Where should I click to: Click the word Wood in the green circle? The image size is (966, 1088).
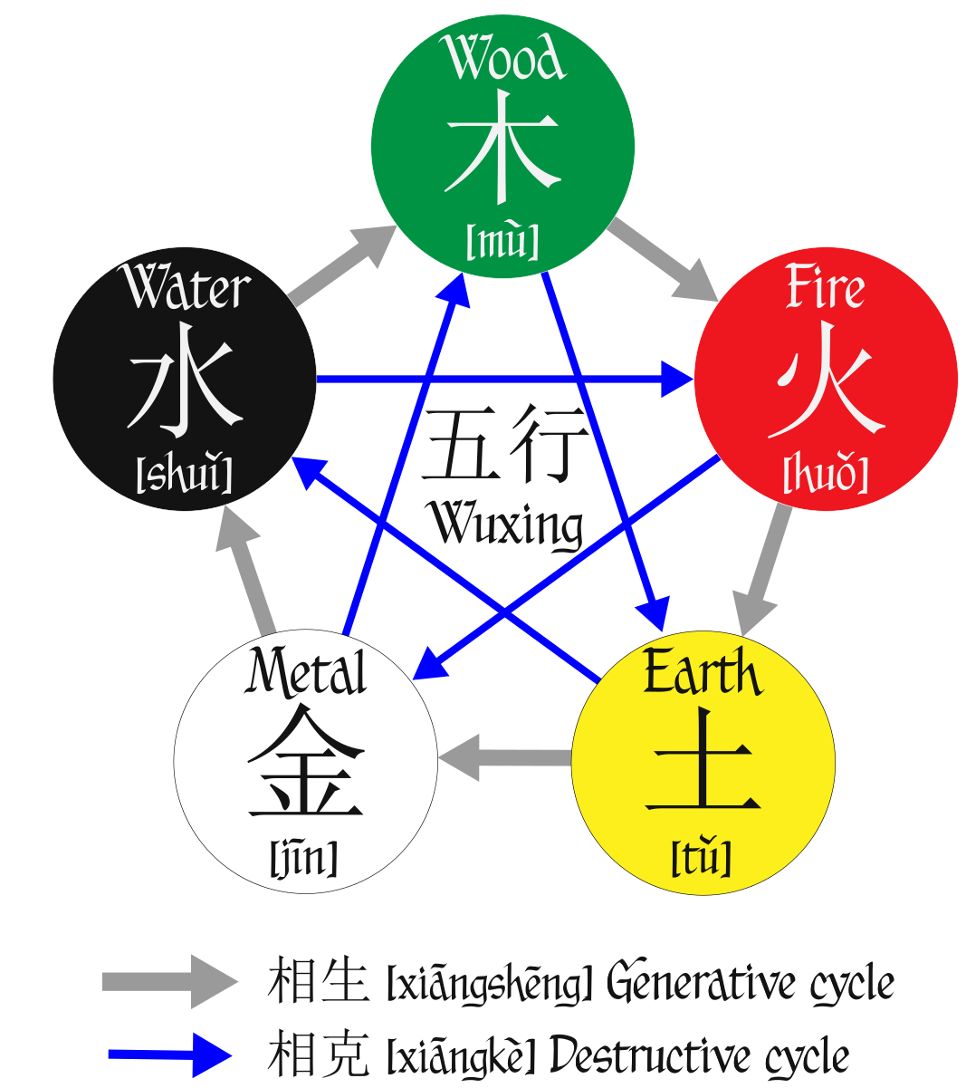tap(503, 60)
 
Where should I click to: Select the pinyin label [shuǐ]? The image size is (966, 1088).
tap(184, 474)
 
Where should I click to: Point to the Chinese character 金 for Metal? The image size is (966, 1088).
tap(305, 762)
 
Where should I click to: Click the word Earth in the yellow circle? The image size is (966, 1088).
tap(702, 675)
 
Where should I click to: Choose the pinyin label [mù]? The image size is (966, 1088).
tap(502, 241)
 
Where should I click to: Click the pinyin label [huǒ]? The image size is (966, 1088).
tap(825, 475)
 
